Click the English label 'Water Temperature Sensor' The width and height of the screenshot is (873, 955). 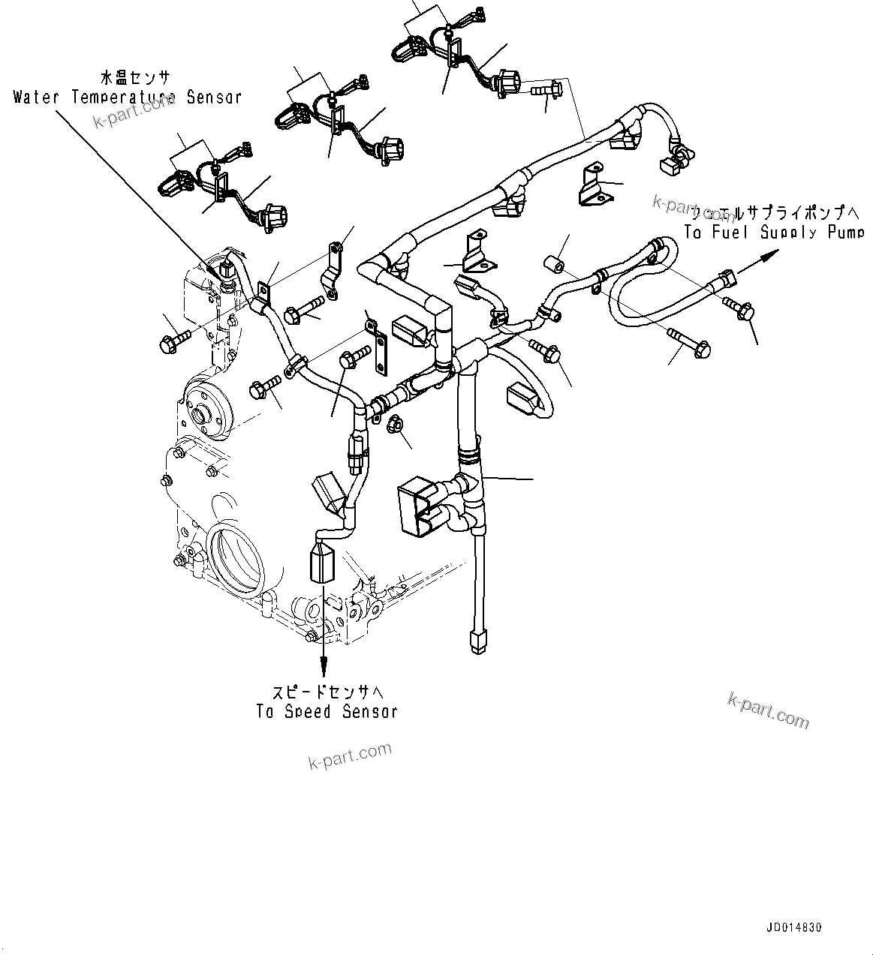128,97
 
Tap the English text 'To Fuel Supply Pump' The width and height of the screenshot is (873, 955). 773,233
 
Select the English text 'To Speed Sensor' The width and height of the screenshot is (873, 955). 327,711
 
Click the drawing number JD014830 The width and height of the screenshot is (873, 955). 794,927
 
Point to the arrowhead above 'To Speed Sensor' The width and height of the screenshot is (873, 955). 324,663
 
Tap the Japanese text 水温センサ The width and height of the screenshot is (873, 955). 135,78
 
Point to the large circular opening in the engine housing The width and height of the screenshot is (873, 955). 239,558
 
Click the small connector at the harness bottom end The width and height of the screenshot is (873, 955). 476,642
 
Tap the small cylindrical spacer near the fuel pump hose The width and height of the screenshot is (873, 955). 554,267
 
